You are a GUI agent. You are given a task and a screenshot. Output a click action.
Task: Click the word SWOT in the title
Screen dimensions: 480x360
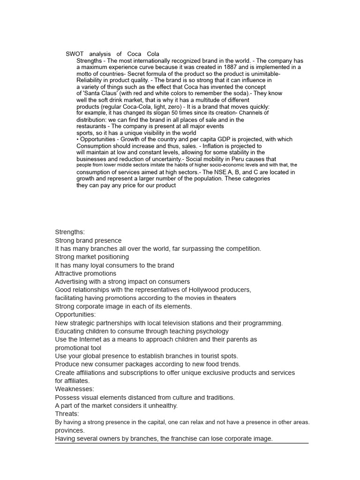click(x=74, y=54)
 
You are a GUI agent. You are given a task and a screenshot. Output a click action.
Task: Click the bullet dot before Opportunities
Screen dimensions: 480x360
click(x=78, y=139)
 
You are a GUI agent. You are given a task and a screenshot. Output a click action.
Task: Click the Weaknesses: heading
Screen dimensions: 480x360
click(x=75, y=389)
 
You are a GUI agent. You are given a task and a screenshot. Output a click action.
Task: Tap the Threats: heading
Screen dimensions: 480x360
click(x=67, y=414)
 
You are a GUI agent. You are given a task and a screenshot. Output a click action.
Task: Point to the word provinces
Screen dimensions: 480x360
click(x=70, y=430)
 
